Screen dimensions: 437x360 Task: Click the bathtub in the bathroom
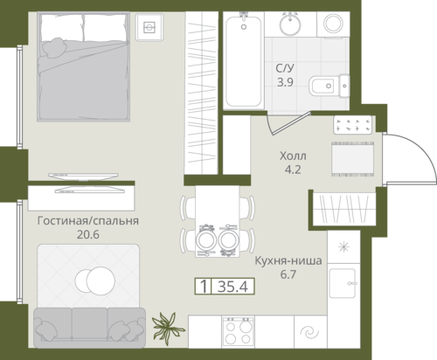[x=244, y=61]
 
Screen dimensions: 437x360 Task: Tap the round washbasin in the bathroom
[x=290, y=24]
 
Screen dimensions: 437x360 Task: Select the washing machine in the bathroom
[x=333, y=24]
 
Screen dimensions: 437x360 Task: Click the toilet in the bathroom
[x=329, y=86]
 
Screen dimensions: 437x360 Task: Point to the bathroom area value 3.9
[x=285, y=82]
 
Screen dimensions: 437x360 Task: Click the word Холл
[x=293, y=156]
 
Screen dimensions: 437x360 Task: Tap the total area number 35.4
[x=232, y=287]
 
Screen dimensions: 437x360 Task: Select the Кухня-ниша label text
[x=288, y=260]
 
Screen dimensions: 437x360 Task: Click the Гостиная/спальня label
[x=88, y=221]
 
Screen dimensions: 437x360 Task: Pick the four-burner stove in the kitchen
[x=238, y=332]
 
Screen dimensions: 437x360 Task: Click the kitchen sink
[x=343, y=283]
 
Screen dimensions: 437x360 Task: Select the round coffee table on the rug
[x=95, y=280]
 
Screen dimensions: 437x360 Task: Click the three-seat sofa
[x=89, y=328]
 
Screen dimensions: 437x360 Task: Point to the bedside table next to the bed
[x=149, y=28]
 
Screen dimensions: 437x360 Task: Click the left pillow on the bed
[x=62, y=28]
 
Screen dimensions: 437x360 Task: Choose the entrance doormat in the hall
[x=352, y=159]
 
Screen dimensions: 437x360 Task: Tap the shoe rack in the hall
[x=353, y=125]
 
